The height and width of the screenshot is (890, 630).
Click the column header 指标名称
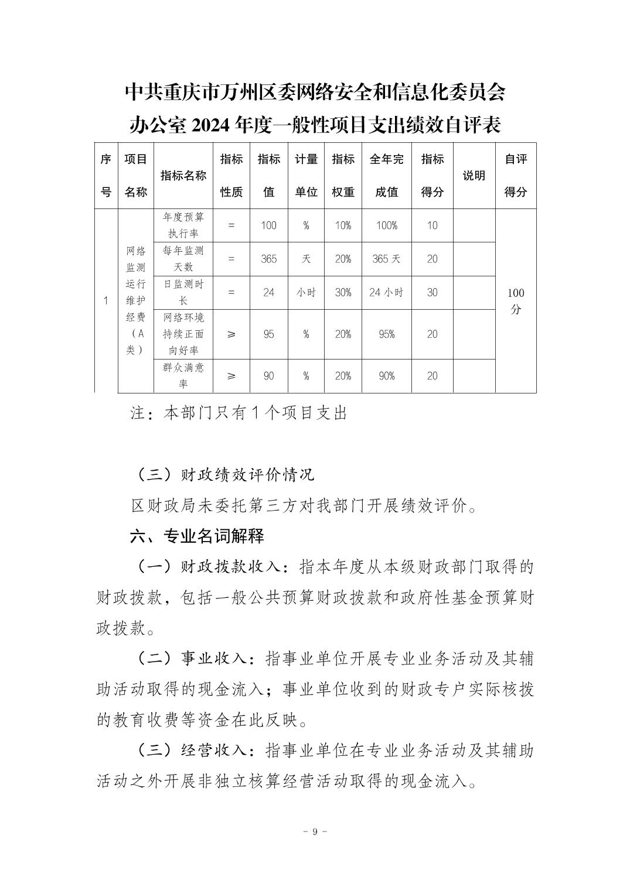click(183, 175)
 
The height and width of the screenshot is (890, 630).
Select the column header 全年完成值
click(386, 175)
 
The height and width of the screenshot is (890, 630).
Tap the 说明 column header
click(474, 175)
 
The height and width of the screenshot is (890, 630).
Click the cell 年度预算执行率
click(183, 225)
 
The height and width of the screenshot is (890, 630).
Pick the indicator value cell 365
click(268, 259)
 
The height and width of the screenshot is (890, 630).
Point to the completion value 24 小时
click(386, 292)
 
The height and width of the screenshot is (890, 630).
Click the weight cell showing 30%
click(343, 292)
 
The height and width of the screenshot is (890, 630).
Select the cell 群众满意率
click(183, 376)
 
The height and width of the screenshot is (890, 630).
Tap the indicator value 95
click(268, 334)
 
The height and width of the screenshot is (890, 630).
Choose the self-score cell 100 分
click(516, 301)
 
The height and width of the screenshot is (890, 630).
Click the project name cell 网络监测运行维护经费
click(135, 300)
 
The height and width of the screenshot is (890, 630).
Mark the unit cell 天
click(306, 259)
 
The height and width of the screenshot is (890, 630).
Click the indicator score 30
click(432, 292)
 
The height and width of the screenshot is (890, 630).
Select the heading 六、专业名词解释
click(197, 536)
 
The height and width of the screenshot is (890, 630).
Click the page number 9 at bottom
click(315, 832)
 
